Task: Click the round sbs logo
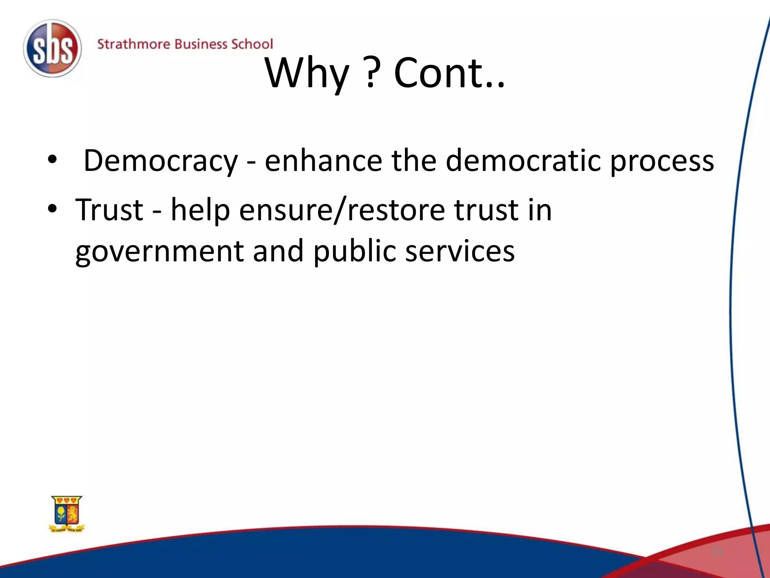[x=52, y=49]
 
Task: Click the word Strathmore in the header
[x=133, y=44]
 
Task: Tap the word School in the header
[x=252, y=44]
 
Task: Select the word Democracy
[x=161, y=161]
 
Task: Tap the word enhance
[x=323, y=161]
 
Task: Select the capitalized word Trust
[x=109, y=210]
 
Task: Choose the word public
[x=354, y=251]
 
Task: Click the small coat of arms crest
[x=67, y=514]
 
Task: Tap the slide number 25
[x=717, y=552]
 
